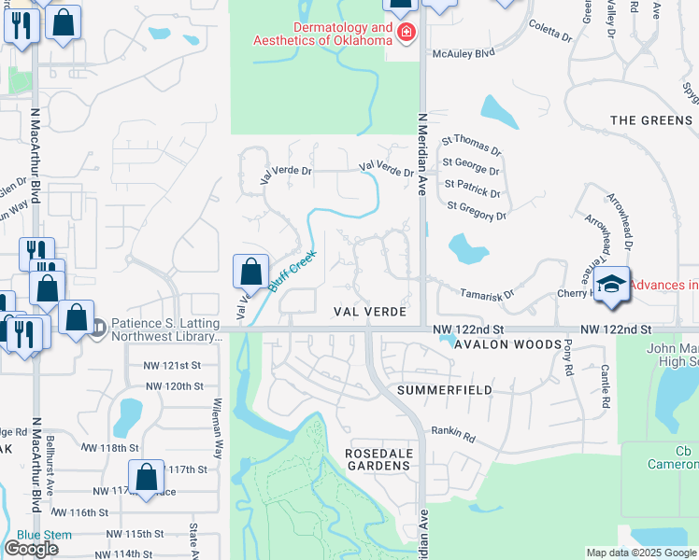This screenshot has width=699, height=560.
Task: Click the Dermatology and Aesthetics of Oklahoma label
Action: [322, 34]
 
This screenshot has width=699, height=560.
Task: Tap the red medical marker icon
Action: [407, 35]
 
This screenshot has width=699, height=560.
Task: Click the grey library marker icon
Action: [99, 325]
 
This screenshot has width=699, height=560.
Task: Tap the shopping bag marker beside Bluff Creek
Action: [250, 273]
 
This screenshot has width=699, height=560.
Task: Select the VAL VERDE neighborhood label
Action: [373, 311]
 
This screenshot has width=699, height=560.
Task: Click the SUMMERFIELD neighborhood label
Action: [444, 389]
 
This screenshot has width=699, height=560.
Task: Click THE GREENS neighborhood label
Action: [651, 120]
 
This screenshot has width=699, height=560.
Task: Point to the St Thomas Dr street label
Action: [472, 146]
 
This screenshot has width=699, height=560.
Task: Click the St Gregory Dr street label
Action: [477, 211]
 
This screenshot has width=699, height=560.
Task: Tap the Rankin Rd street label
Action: [453, 432]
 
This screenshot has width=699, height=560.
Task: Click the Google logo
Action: [31, 549]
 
